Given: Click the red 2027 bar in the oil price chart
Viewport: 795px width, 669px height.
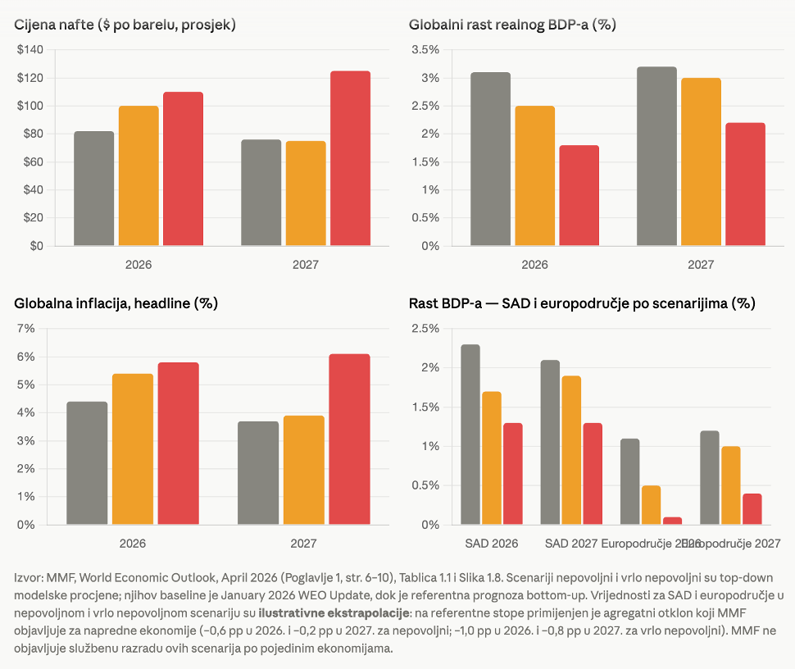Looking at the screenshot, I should (350, 158).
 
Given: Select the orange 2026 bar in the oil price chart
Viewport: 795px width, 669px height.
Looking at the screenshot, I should (139, 175).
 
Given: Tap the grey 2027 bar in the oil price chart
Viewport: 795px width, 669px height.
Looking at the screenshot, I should (261, 193).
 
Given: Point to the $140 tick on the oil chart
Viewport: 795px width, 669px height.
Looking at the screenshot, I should (30, 50).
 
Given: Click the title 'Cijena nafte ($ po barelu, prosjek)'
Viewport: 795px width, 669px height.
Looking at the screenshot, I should (125, 25).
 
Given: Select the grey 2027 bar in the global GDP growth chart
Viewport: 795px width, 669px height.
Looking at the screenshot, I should (656, 156).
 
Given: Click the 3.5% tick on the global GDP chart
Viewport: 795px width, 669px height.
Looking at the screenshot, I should (425, 50).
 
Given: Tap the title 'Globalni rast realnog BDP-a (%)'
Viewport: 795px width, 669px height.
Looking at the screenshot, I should (512, 25).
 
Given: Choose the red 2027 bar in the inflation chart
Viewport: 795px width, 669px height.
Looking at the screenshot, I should (349, 439).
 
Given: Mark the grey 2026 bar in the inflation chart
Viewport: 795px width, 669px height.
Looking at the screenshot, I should (87, 463).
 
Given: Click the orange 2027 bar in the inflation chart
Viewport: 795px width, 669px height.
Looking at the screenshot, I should (304, 470).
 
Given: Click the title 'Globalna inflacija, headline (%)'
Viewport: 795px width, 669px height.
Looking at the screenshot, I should (116, 303).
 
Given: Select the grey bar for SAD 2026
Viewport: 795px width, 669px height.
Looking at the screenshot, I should (470, 435).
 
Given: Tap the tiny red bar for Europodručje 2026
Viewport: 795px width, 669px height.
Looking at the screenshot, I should (673, 521).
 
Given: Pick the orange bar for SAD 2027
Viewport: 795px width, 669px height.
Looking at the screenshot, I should (571, 450).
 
